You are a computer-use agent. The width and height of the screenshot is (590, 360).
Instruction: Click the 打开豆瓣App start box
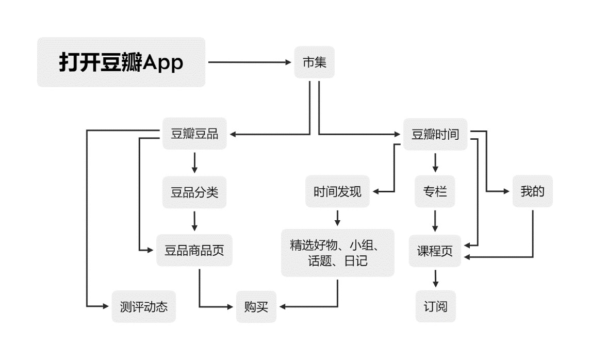click(121, 62)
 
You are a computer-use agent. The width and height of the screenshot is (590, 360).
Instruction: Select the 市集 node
click(314, 62)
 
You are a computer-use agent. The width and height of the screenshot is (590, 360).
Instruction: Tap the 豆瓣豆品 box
click(194, 135)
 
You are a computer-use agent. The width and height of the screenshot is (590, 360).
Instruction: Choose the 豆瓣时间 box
click(435, 135)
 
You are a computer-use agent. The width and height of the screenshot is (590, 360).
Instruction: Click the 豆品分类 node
click(194, 192)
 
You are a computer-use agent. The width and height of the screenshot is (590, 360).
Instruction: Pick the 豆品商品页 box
click(194, 251)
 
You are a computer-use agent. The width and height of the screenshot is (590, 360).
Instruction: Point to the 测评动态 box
click(143, 307)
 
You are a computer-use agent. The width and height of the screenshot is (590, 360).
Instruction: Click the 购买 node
click(256, 307)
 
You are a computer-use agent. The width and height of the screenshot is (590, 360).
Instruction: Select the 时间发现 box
click(337, 192)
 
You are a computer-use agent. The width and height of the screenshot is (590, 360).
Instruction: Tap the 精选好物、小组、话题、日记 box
click(337, 253)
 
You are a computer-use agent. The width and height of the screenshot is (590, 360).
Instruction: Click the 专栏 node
click(435, 192)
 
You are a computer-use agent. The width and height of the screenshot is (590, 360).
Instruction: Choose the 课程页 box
click(435, 251)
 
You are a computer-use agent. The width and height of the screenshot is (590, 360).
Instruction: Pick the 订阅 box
click(435, 307)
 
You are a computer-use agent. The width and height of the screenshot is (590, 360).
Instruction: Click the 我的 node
click(532, 191)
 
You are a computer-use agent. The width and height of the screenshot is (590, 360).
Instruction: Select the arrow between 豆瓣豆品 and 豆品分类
click(194, 163)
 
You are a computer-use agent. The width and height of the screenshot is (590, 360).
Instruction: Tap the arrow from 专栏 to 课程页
click(435, 221)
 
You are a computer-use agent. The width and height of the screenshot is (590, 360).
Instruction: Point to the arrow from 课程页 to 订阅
click(435, 279)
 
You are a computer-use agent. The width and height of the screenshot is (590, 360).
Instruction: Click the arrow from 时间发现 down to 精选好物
click(337, 217)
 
